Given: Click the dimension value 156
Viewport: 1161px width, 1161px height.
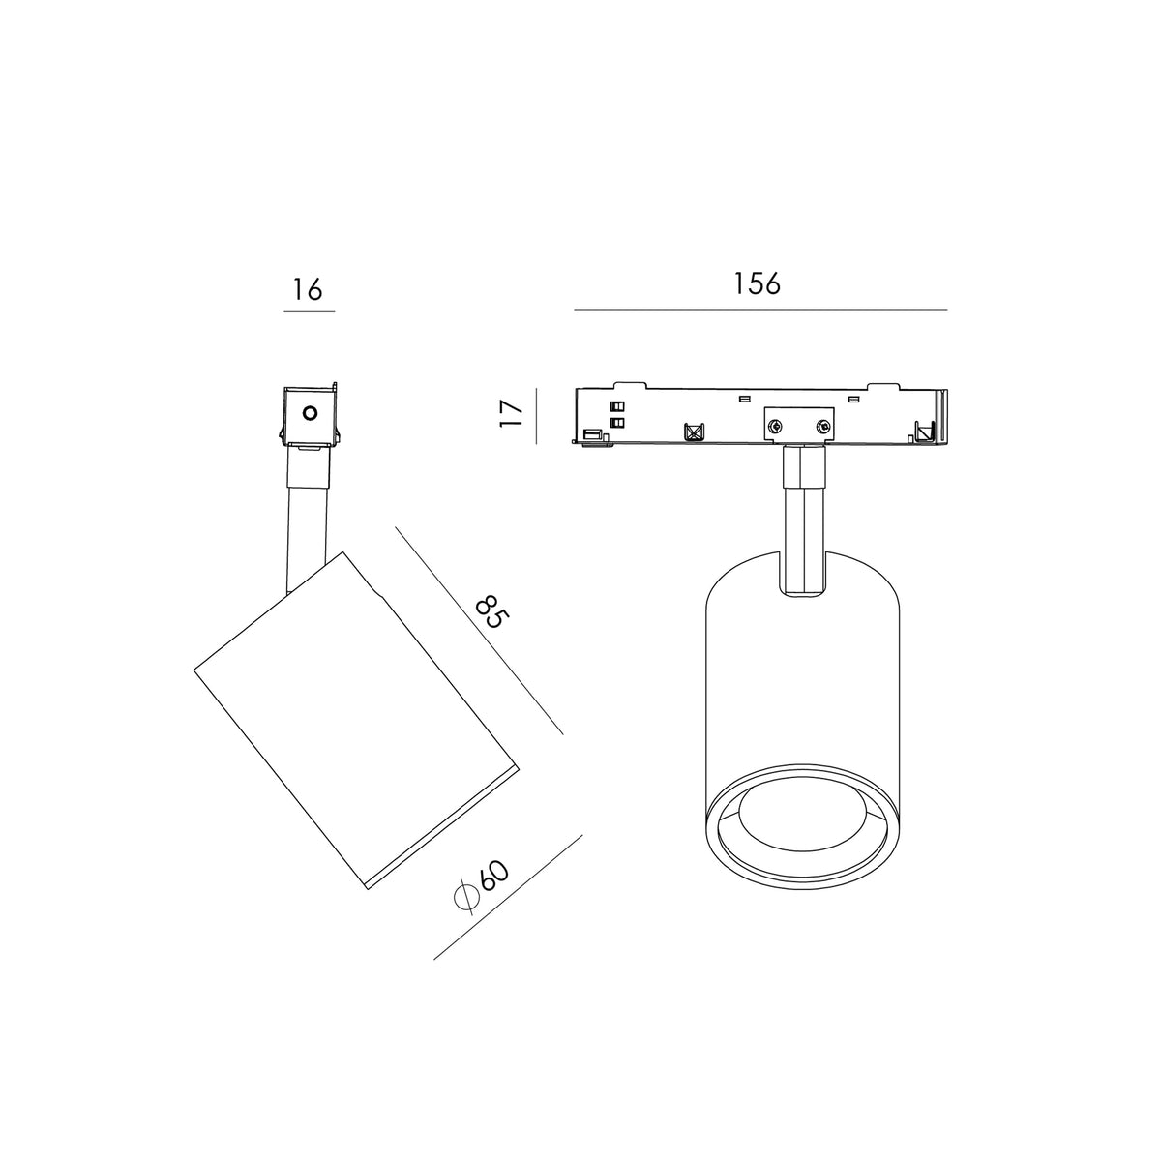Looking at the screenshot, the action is (757, 283).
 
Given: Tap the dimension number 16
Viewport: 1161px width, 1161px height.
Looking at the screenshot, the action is (308, 289).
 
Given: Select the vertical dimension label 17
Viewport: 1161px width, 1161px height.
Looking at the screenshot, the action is (512, 413).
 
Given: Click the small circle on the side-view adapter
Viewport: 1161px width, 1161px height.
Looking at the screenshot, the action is (310, 413).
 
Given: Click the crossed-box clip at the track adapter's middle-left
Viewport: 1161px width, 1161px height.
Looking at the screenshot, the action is (694, 432).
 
